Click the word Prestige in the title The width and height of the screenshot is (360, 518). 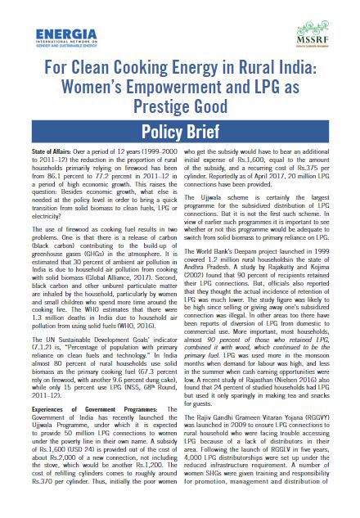(x=153, y=103)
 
